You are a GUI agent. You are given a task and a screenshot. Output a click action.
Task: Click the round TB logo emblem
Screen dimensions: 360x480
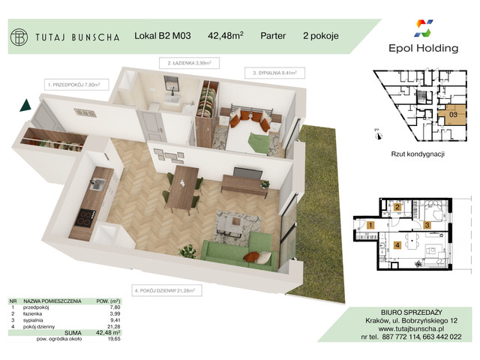(x=19, y=36)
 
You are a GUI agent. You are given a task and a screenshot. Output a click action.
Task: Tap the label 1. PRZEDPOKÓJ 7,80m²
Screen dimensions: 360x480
(x=73, y=85)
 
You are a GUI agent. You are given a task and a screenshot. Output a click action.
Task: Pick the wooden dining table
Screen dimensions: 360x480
(x=183, y=187)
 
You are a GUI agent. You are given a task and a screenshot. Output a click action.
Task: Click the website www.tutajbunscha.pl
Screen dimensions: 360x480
(x=421, y=328)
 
